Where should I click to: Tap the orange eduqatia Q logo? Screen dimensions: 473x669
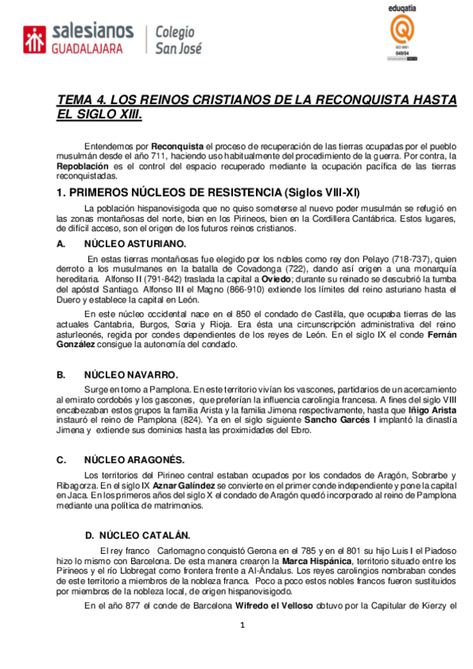[x=404, y=32]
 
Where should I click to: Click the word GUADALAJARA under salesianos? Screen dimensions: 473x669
[x=87, y=49]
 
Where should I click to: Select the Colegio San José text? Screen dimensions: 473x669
[x=178, y=39]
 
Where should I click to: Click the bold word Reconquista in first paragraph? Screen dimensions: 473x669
[x=177, y=146]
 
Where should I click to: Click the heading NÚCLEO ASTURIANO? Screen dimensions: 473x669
[x=135, y=244]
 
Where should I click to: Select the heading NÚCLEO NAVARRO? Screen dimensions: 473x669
[x=131, y=375]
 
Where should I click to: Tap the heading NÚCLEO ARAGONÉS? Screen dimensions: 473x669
[x=134, y=459]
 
